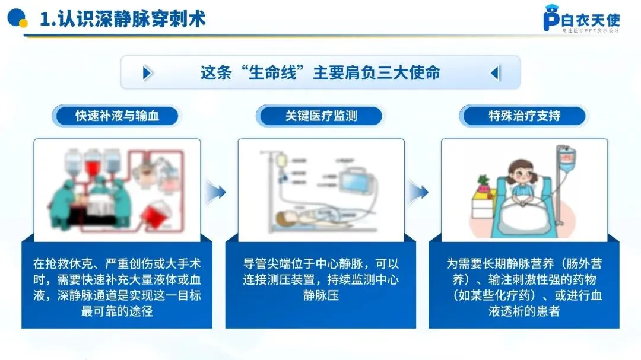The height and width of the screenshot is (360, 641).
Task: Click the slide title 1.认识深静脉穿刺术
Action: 122,19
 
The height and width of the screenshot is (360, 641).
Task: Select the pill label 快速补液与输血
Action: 117,116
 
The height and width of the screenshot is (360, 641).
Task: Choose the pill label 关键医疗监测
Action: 320,116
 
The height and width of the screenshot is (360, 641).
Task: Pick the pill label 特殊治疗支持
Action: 524,116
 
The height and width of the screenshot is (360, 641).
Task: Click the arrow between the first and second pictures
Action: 217,192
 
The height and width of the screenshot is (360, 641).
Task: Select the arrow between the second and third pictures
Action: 420,192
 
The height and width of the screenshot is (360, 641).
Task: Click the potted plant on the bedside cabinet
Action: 484,181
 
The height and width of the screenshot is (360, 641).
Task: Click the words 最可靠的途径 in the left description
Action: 117,310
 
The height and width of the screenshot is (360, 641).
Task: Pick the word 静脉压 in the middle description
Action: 320,295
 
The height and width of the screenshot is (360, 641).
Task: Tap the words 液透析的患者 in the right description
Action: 524,310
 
